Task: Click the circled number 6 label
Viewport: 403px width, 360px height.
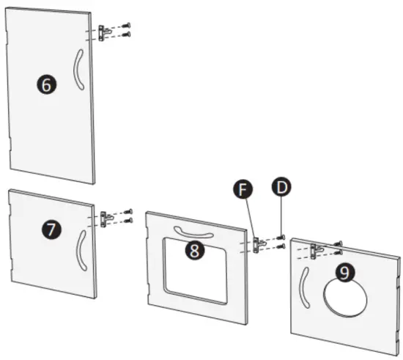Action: tap(46, 84)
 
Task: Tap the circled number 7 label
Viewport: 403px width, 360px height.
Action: tap(52, 229)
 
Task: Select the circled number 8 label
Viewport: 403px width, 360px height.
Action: tap(195, 250)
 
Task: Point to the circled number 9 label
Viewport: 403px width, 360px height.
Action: tap(345, 272)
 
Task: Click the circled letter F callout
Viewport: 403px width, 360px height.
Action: tap(243, 189)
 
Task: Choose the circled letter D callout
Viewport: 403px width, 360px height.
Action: tap(281, 187)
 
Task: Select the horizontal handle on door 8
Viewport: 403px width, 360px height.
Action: tap(193, 233)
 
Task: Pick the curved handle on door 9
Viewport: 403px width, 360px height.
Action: tap(303, 287)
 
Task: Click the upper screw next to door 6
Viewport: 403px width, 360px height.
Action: tap(126, 26)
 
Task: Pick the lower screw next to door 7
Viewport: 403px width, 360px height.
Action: tap(128, 221)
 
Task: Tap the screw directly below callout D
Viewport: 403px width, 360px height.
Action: tap(281, 238)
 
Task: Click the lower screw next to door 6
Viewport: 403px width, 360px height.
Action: tap(126, 34)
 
